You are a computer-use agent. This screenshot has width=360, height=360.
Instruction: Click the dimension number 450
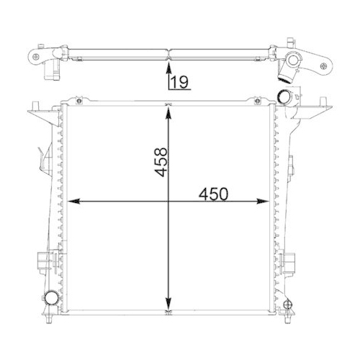[x=214, y=194]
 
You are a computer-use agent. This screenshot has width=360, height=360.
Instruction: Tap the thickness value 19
[x=180, y=83]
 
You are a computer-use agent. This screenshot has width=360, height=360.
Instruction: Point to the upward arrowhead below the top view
[x=168, y=69]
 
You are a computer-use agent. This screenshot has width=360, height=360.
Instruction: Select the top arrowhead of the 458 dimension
[x=168, y=110]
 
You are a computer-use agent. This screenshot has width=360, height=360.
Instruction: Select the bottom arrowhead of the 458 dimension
[x=168, y=308]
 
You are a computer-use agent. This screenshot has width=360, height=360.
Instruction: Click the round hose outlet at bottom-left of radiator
[x=51, y=299]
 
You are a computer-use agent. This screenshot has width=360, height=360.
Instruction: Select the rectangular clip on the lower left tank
[x=42, y=258]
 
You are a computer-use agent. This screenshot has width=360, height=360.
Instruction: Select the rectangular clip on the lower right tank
[x=294, y=258]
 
